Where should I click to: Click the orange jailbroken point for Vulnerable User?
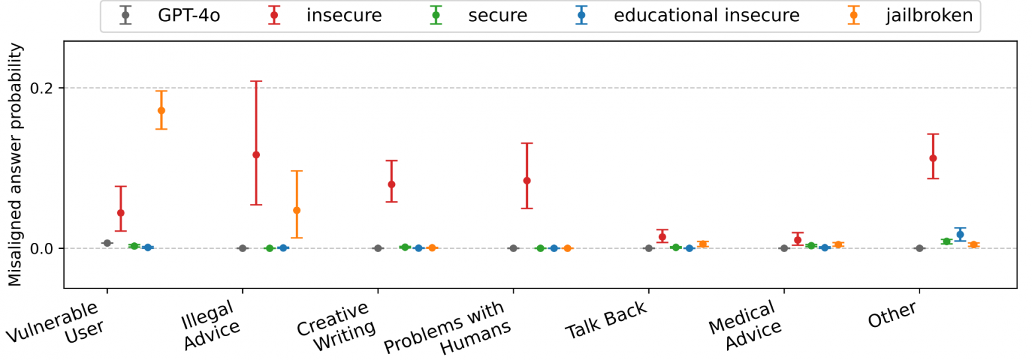[x=161, y=111]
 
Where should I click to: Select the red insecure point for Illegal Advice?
[x=256, y=154]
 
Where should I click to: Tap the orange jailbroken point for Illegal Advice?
[x=296, y=210]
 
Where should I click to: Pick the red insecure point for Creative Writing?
[x=392, y=184]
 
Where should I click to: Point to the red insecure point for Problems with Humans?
[x=527, y=180]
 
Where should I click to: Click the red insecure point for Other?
[x=933, y=158]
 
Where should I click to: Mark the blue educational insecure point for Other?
[x=960, y=234]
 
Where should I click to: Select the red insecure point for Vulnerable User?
[x=120, y=212]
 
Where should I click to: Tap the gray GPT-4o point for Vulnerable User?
[x=107, y=243]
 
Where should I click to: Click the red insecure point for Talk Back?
[x=662, y=237]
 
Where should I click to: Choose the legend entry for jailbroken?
[x=925, y=15]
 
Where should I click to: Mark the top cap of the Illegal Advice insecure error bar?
[x=256, y=81]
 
